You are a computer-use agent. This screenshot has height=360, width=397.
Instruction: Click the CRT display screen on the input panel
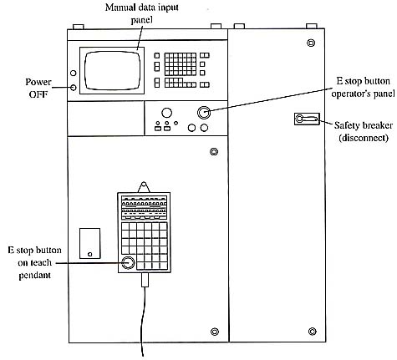[112, 70]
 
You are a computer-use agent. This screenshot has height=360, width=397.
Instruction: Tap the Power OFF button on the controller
[74, 88]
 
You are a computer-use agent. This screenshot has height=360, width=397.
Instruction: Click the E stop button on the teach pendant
[128, 262]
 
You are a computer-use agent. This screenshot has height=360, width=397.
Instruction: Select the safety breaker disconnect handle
[307, 119]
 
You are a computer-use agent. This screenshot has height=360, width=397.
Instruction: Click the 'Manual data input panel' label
[142, 13]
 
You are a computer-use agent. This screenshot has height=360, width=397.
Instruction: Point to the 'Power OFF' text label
[38, 88]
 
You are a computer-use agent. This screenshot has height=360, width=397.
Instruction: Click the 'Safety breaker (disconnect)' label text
[364, 131]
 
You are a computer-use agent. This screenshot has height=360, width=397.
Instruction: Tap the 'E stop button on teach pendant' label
[34, 262]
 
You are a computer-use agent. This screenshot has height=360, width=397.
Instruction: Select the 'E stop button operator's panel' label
[363, 88]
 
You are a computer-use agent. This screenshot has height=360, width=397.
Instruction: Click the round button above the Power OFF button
[74, 74]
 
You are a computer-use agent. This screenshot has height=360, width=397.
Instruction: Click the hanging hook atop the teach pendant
[144, 187]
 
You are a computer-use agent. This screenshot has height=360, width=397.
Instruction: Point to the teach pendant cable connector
[145, 280]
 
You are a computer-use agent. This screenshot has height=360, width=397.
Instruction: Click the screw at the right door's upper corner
[311, 43]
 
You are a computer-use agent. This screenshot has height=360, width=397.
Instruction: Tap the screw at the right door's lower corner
[313, 332]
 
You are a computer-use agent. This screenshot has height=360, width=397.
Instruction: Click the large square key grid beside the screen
[181, 64]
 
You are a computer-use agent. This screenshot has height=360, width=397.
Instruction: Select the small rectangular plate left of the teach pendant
[89, 243]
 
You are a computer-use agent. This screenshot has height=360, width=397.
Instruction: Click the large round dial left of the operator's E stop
[166, 113]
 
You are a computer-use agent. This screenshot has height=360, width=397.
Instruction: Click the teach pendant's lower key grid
[145, 246]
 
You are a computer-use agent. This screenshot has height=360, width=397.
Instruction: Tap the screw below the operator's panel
[214, 152]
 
